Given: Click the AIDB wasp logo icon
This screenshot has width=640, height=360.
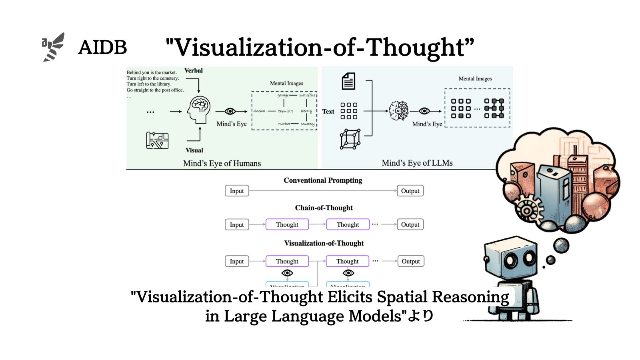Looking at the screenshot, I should pos(53,47).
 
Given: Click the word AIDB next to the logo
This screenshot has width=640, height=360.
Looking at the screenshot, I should pos(102,48).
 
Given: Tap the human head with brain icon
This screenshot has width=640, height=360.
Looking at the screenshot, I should pos(199,109).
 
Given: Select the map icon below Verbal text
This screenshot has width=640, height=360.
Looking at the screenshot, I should pos(157,140).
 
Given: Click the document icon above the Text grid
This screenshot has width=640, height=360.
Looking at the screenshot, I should pos(348,81).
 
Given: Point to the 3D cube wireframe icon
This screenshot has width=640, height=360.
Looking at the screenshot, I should pos(350,139).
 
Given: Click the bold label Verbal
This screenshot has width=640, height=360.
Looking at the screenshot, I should pos(194,70).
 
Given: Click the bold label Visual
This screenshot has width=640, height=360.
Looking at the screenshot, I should pos(194,150).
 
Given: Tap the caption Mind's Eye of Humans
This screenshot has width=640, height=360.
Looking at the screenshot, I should pos(222,163).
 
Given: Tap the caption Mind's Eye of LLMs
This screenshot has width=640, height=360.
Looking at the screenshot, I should pos(417,163).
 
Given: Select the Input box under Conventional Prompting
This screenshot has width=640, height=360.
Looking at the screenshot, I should pos(237,191).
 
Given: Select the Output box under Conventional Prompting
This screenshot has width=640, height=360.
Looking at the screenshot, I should pos(410,191).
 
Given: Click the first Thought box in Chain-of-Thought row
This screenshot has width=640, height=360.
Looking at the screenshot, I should pos(287,224).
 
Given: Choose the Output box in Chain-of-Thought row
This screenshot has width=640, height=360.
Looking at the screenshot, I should pos(410,224).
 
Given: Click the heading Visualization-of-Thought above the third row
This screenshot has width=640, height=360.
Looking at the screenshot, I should pos(324,243).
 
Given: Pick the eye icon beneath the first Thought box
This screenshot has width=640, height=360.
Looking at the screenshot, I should pos(287,273).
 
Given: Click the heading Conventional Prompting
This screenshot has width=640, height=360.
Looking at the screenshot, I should pos(323,180).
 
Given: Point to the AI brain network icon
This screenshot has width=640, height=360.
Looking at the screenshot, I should pos(399,111).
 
